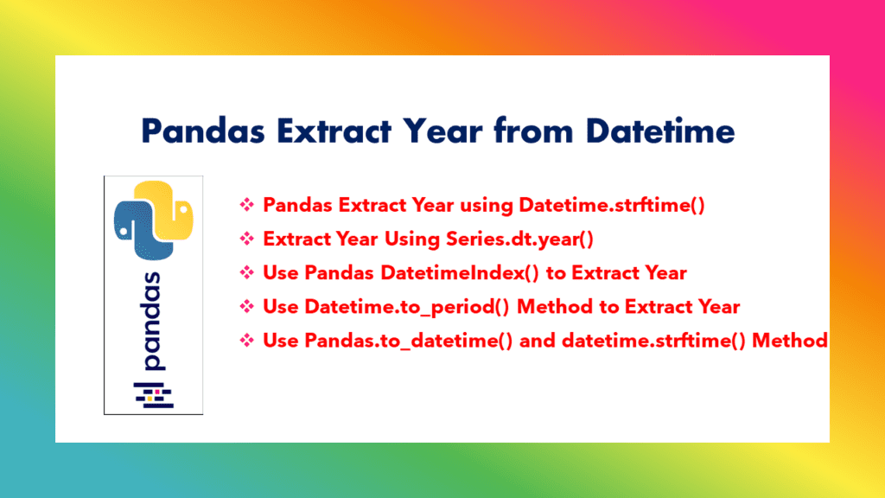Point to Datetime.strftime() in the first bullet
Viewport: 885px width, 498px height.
pyautogui.click(x=612, y=205)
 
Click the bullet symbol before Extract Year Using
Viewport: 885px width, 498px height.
pyautogui.click(x=247, y=239)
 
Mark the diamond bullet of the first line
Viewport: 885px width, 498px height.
pyautogui.click(x=247, y=205)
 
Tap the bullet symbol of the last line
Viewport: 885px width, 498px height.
pyautogui.click(x=247, y=341)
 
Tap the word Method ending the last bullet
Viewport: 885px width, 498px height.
pyautogui.click(x=790, y=341)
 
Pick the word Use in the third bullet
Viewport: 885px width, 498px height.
pyautogui.click(x=281, y=273)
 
